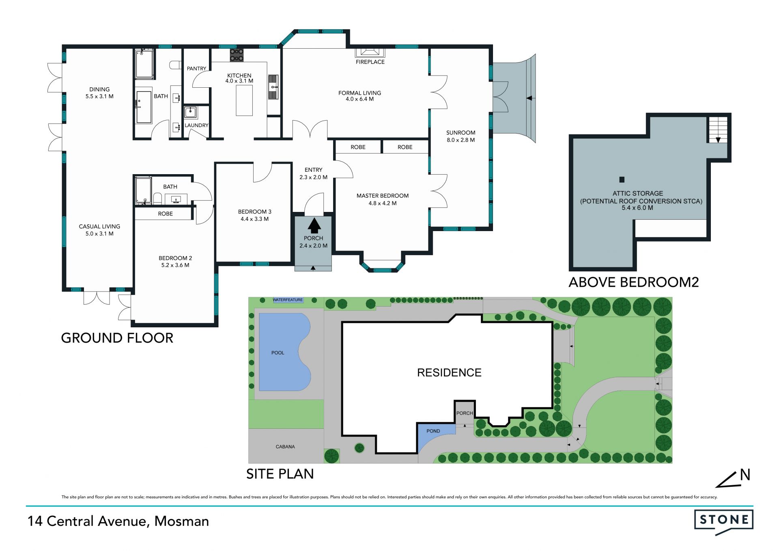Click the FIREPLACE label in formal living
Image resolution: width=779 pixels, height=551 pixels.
[x=370, y=62]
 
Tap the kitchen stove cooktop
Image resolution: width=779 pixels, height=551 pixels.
[x=237, y=55]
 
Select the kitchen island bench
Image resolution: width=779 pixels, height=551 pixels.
[x=244, y=101]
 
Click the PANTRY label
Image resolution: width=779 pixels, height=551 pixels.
[x=196, y=69]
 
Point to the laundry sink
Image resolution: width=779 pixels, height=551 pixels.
[x=190, y=112]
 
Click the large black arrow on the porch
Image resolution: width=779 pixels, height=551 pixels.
[x=314, y=226]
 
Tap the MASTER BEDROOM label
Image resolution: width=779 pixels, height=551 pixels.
[x=383, y=196]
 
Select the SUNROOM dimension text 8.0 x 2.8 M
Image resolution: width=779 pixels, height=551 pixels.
[x=461, y=140]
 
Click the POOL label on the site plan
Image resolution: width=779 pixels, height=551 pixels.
[x=278, y=353]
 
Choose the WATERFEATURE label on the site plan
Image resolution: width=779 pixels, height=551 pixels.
[x=288, y=300]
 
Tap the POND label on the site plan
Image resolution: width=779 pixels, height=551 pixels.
[x=433, y=431]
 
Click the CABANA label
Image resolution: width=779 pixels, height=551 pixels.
[x=285, y=447]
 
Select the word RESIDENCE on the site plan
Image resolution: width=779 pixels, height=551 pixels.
[x=449, y=373]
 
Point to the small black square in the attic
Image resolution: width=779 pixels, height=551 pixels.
[x=622, y=179]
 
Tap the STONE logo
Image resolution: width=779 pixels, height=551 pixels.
[x=724, y=522]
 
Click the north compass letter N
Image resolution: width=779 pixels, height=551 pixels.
[x=745, y=475]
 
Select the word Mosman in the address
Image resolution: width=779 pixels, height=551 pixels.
[x=182, y=521]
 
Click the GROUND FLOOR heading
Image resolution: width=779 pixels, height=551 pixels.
[x=117, y=338]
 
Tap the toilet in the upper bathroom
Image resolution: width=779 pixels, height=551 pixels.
[x=175, y=65]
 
